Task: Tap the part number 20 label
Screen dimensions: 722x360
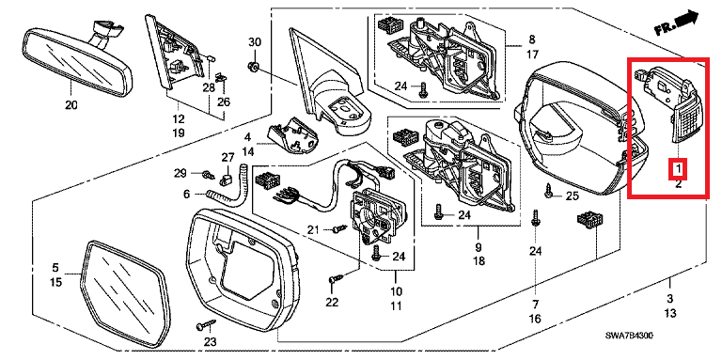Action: coord(71,105)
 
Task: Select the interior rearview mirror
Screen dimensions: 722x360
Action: coord(77,58)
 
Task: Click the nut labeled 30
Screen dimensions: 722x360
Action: coord(253,68)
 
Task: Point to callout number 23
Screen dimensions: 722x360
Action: coord(210,342)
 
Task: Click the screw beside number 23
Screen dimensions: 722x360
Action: coord(206,324)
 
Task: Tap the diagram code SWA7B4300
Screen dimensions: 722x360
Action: coord(629,337)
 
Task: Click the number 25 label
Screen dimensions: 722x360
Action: coord(572,196)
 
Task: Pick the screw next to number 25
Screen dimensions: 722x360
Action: coord(548,190)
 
